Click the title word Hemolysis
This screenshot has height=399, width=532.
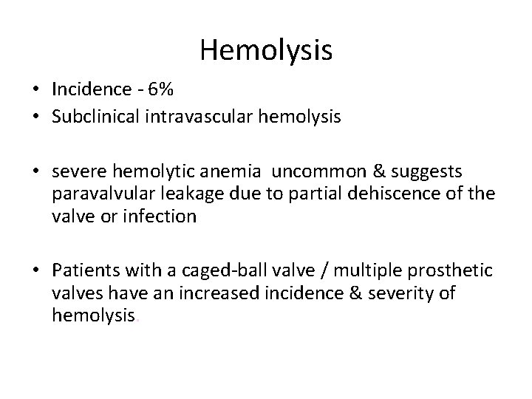266,51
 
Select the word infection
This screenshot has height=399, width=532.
162,216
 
